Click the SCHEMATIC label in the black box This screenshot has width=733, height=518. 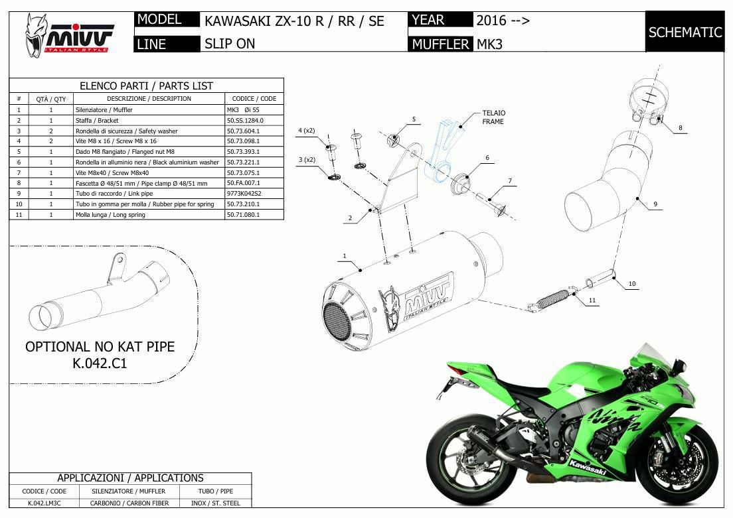[685, 32]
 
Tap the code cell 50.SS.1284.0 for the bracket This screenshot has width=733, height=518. [245, 121]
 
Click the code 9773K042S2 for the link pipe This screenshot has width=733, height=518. [244, 194]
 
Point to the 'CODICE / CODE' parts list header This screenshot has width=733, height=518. [254, 99]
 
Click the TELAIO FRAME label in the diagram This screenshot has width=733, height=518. [493, 117]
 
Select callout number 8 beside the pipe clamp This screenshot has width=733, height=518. [680, 127]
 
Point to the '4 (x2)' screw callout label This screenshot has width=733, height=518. [307, 131]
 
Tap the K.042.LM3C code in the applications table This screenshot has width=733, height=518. [44, 503]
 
